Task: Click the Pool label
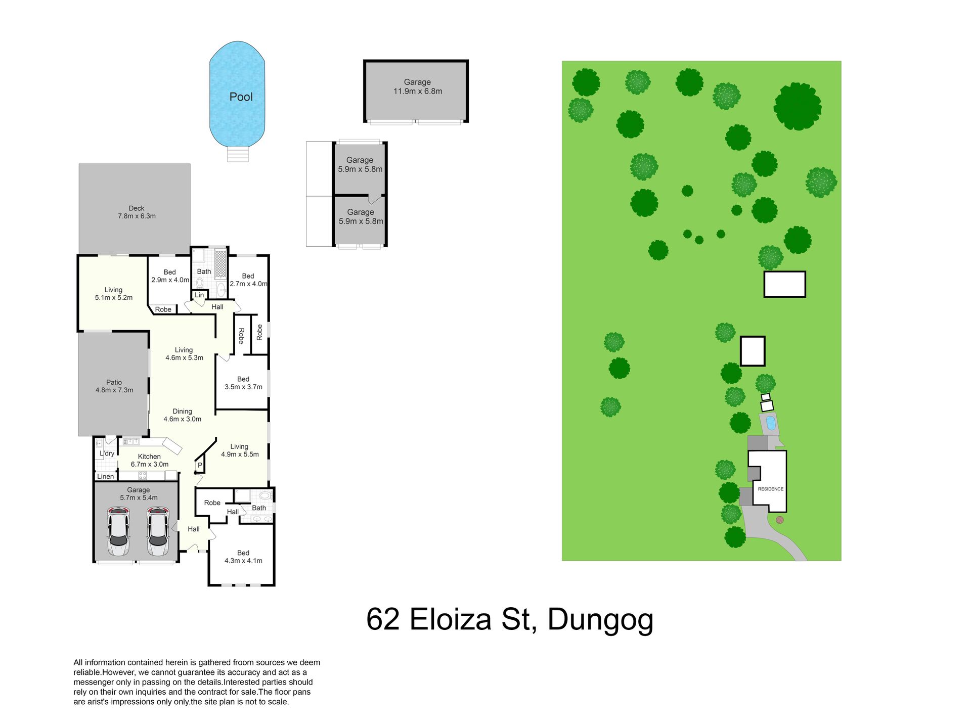click(241, 97)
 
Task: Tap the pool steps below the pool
click(238, 154)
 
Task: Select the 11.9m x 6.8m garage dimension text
click(418, 92)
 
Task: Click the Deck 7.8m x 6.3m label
click(137, 212)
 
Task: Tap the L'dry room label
click(107, 453)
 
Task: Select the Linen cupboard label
click(105, 476)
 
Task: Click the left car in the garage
click(118, 531)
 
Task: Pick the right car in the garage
click(158, 531)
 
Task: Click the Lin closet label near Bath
click(199, 295)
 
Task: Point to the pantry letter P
click(200, 466)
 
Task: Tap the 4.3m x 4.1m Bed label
click(243, 557)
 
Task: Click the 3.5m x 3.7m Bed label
click(243, 383)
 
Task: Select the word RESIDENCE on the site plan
click(771, 489)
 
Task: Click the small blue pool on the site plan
click(771, 423)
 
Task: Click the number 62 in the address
click(383, 619)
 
